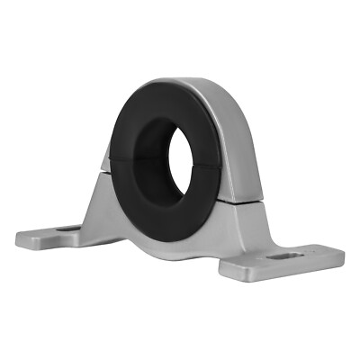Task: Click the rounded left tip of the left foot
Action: (18, 240)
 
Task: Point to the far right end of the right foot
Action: (343, 258)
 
